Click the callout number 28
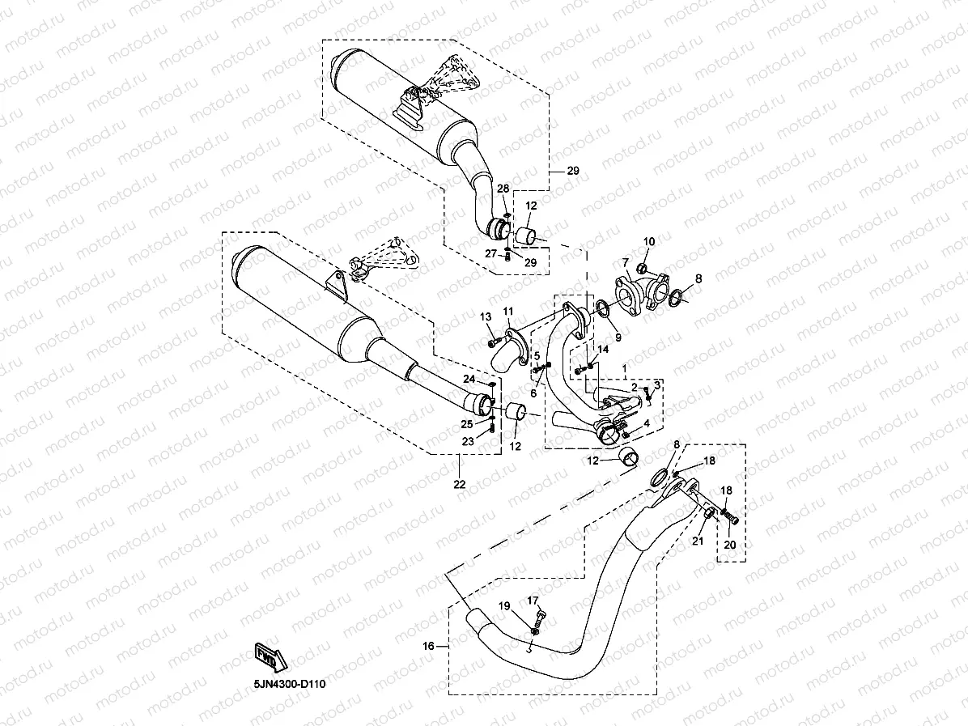[503, 189]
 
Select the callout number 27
[490, 253]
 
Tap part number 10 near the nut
[649, 242]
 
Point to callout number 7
[625, 262]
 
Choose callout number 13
[486, 316]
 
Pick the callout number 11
[508, 312]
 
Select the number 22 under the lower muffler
[459, 485]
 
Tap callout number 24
[469, 380]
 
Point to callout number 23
[468, 441]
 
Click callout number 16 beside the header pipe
[428, 646]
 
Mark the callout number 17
[533, 600]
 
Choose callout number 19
[503, 606]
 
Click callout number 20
[728, 545]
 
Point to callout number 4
[646, 423]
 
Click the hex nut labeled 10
[641, 268]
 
